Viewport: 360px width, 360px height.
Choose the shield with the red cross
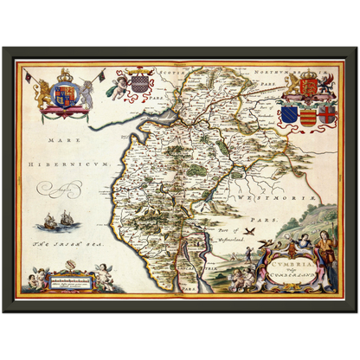click(x=325, y=115)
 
